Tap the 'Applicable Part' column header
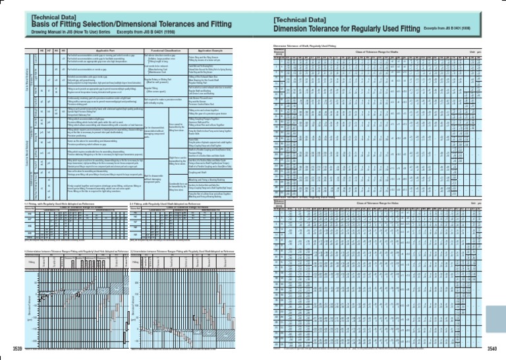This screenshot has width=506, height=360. [99, 50]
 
